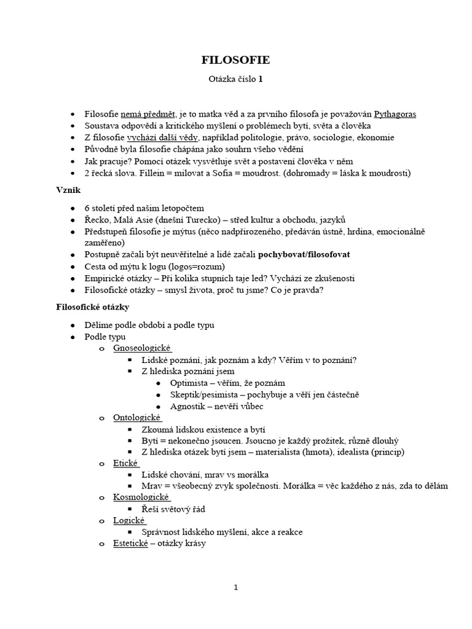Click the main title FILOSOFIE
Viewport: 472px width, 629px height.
(236, 60)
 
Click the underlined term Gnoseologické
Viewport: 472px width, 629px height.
(142, 348)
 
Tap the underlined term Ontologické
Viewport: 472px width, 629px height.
(137, 418)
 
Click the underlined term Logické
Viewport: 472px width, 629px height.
(128, 520)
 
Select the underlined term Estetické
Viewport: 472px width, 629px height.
(130, 544)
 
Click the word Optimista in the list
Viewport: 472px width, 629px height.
(191, 383)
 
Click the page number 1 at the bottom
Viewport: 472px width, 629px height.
(235, 587)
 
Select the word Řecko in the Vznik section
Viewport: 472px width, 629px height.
(96, 219)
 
